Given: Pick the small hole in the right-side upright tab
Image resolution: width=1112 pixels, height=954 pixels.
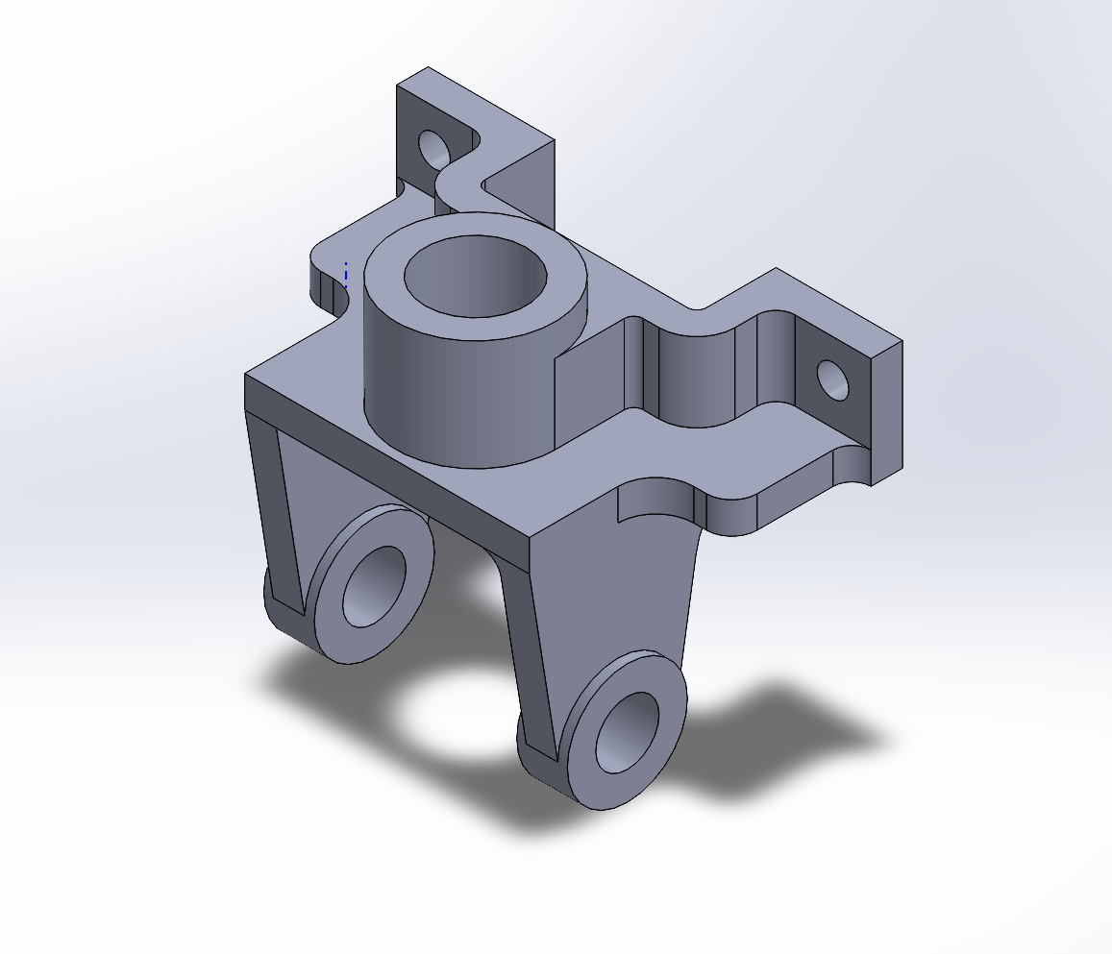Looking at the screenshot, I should (x=833, y=380).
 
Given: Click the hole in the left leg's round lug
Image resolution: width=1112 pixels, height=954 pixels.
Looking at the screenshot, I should (x=374, y=586).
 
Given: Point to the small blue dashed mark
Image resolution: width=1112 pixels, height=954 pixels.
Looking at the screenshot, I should (x=346, y=275).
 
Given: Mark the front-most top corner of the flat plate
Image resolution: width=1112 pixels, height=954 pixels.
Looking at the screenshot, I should (x=531, y=535).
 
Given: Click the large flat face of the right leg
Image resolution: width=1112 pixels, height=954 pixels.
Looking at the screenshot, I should (x=615, y=596).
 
